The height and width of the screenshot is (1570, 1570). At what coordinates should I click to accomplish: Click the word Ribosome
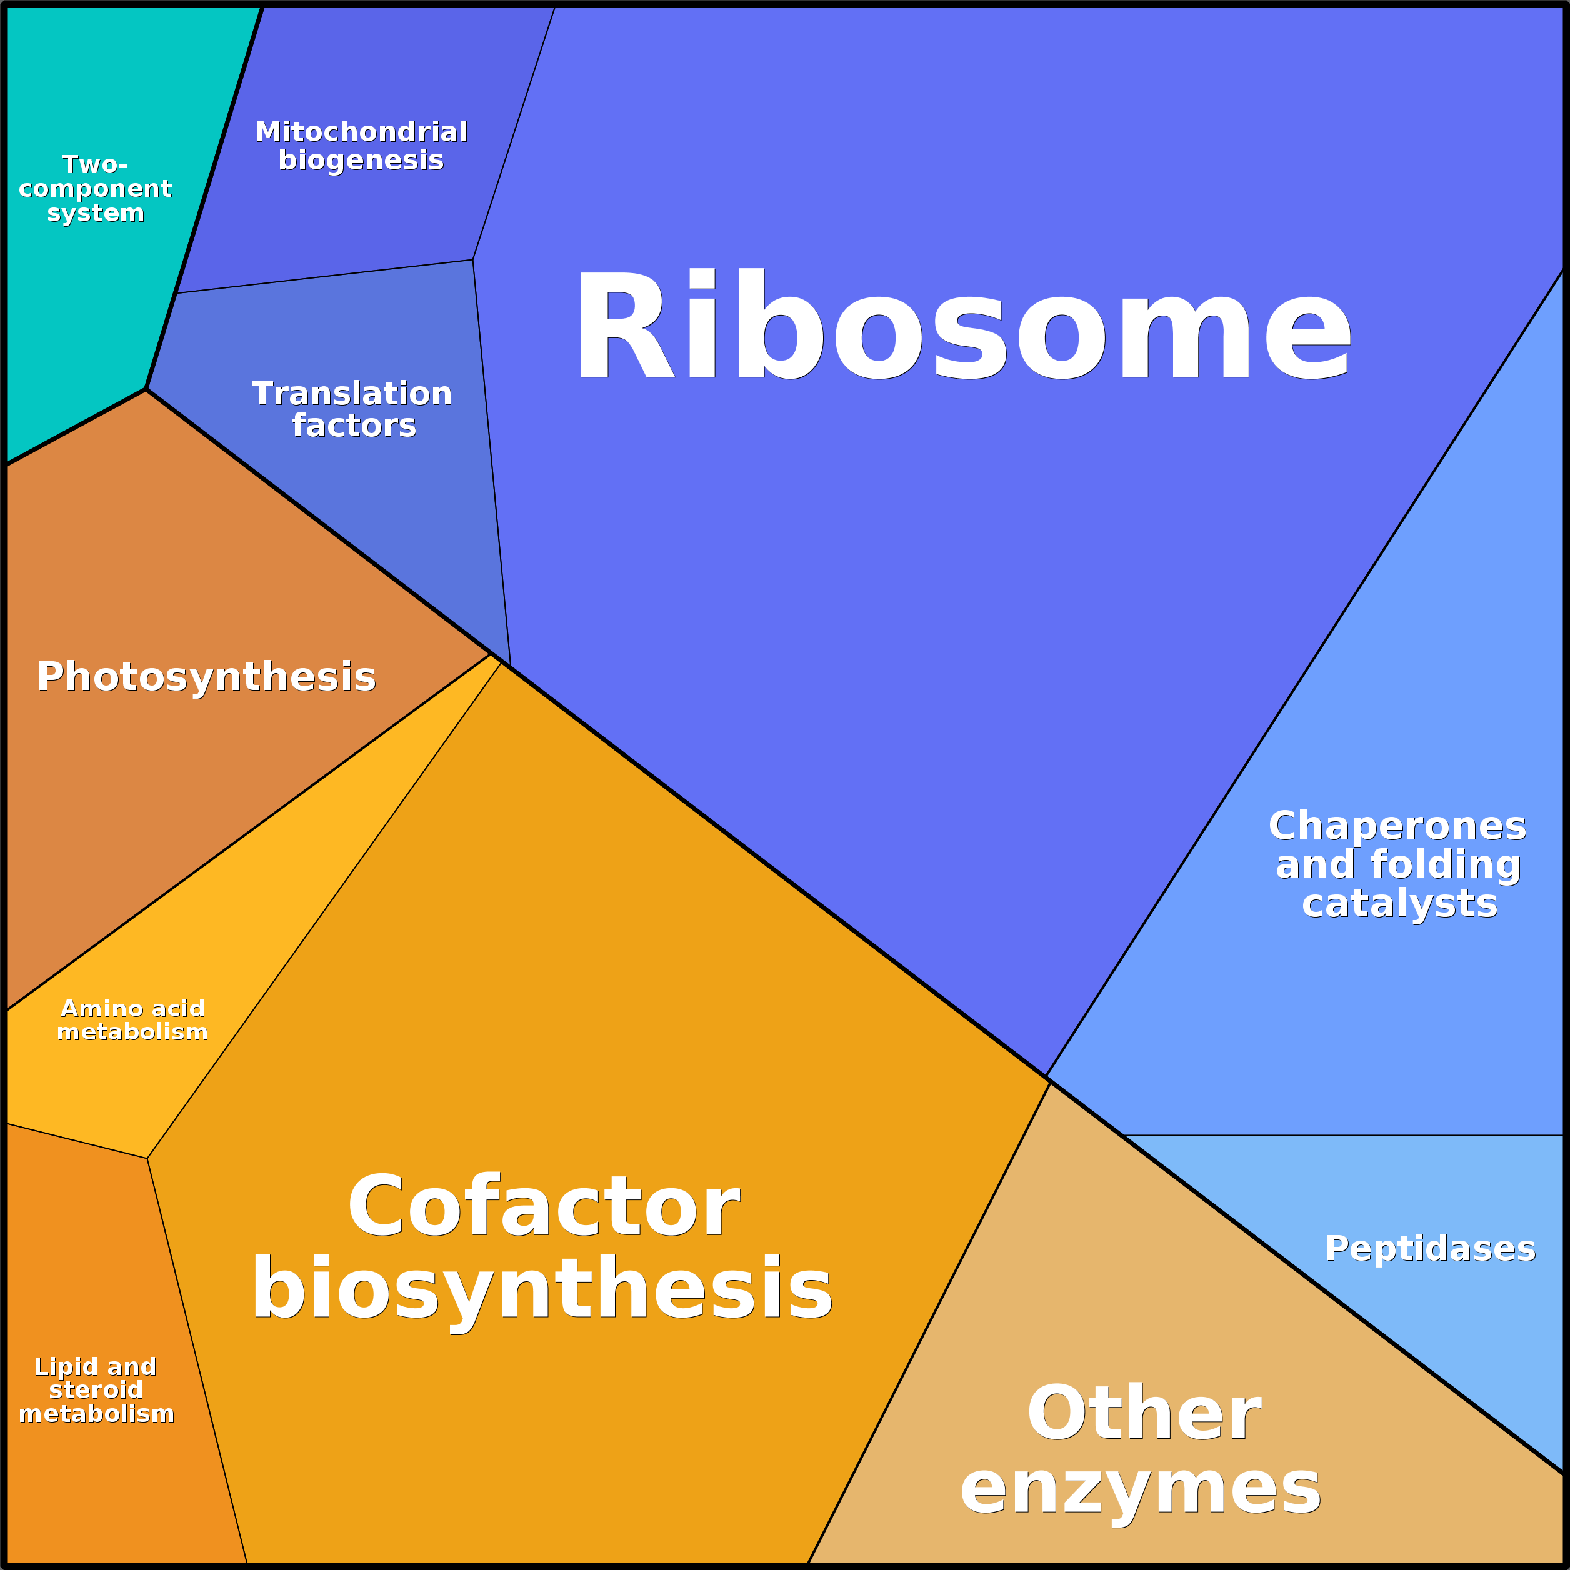[963, 325]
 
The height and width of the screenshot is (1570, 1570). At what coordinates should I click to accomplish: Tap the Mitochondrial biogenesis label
[362, 146]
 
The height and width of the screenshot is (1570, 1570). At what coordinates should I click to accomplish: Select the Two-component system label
[95, 189]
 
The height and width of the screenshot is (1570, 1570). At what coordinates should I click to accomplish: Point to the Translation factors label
[352, 409]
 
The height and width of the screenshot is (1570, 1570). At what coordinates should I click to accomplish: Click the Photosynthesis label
[206, 677]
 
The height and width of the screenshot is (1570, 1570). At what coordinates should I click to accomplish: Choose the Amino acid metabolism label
[132, 1020]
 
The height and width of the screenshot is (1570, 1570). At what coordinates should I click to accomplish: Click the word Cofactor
[544, 1207]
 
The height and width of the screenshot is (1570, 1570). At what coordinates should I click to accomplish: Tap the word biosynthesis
[542, 1291]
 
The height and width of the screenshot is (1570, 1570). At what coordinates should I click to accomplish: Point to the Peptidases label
[1430, 1249]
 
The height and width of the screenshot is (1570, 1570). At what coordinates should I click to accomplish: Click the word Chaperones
[1397, 826]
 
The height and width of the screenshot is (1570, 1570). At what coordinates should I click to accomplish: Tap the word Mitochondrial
[362, 132]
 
